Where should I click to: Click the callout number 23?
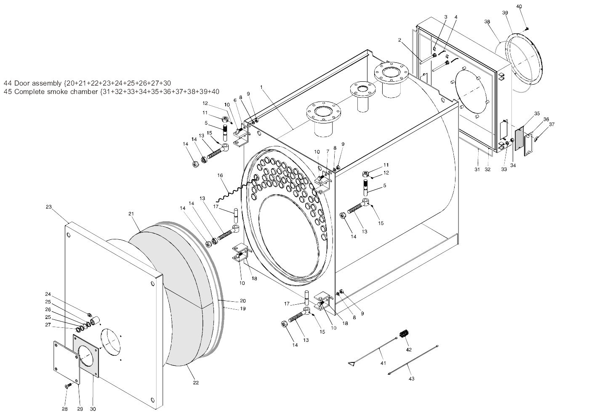point(49,207)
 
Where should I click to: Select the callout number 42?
point(409,350)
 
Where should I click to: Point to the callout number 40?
point(519,7)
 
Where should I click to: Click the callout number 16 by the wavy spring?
point(220,175)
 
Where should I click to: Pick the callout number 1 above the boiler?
point(261,87)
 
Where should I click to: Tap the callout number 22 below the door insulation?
point(196,383)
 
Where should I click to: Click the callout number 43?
point(411,378)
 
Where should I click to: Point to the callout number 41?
point(383,363)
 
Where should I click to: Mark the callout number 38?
point(487,21)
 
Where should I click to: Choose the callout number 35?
point(537,113)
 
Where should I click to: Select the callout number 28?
point(65,409)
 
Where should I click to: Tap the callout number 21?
point(131,214)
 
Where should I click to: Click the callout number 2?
point(400,40)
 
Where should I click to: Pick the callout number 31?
point(477,169)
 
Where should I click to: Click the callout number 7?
point(327,151)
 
